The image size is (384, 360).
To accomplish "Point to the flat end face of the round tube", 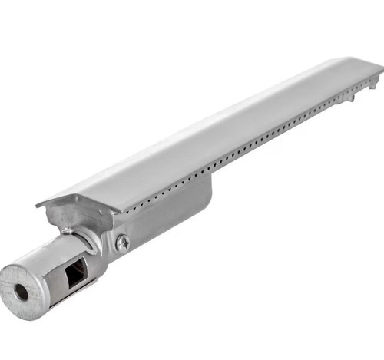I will [23, 292].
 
